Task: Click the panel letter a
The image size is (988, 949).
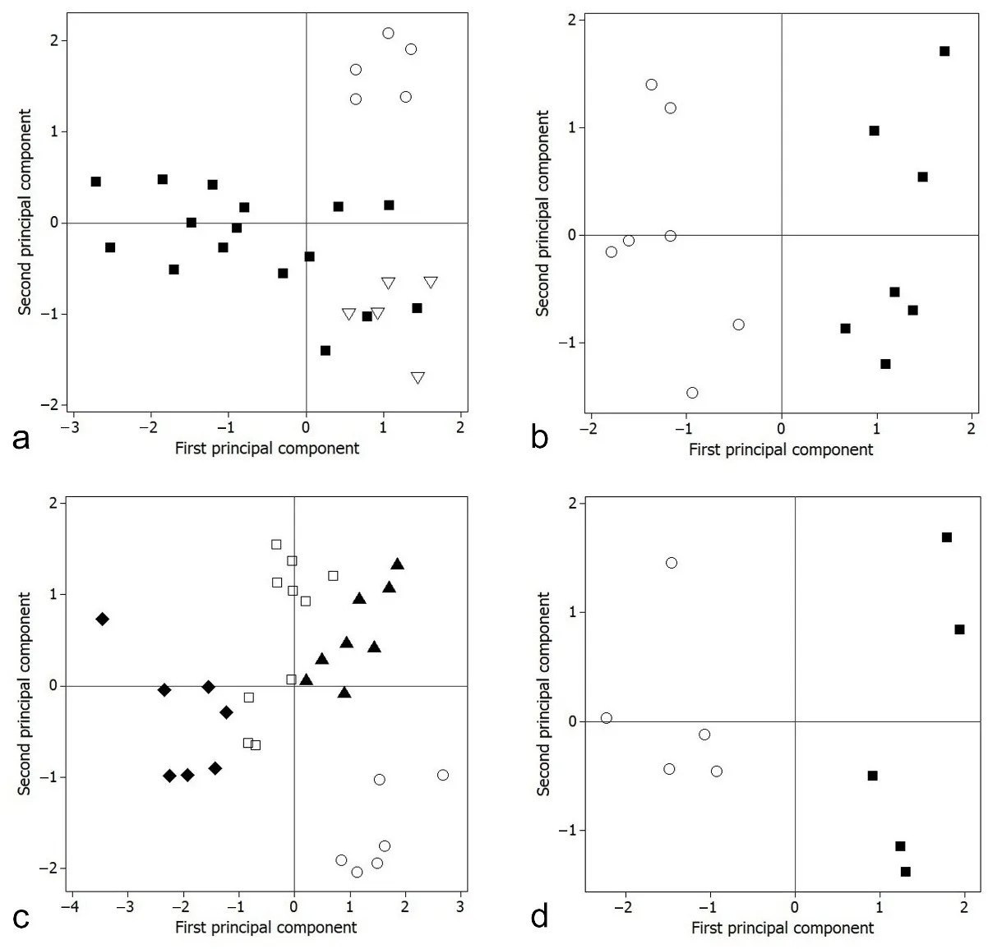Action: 22,439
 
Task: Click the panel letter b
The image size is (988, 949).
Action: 539,436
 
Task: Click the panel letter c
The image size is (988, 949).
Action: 22,916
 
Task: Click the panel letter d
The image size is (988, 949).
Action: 539,914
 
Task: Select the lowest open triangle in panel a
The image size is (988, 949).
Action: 418,378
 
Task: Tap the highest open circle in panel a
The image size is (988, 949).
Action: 388,33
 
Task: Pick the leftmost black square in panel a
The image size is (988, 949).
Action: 95,182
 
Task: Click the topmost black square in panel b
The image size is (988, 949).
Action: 944,51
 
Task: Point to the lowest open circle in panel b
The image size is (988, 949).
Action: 692,393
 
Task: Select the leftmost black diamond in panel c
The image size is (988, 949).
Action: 102,619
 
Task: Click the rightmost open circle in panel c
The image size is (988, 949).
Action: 443,775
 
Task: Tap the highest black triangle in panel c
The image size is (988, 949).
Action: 397,564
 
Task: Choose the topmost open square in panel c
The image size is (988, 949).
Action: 276,544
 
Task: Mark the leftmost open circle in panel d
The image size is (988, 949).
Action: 606,718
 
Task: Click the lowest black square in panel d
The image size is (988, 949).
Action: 905,872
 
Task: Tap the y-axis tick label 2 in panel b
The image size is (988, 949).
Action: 570,20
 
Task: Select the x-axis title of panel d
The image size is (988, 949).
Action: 782,928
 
